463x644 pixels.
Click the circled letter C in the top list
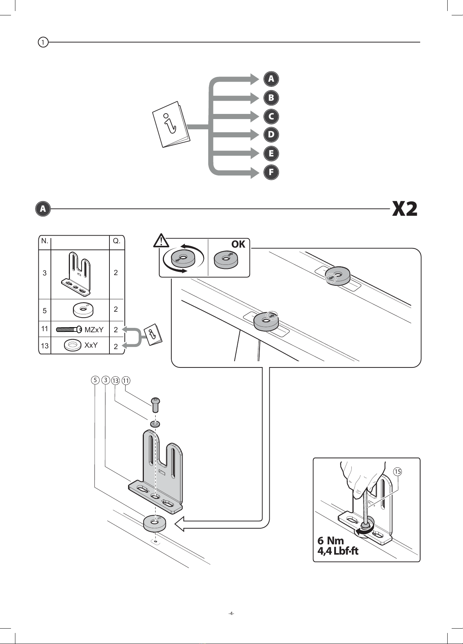click(x=271, y=116)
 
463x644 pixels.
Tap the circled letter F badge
click(x=271, y=172)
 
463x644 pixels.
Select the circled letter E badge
click(x=271, y=153)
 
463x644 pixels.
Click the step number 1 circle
click(x=43, y=42)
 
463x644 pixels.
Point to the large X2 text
click(x=404, y=209)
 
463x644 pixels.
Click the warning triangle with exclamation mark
click(x=161, y=241)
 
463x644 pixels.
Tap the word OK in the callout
click(x=238, y=244)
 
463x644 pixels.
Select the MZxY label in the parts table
click(x=94, y=330)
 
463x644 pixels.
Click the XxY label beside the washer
click(x=91, y=345)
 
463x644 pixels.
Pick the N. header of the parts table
click(x=45, y=241)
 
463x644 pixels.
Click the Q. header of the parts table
click(x=117, y=241)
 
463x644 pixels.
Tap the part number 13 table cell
click(x=45, y=346)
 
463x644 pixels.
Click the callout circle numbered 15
click(x=397, y=471)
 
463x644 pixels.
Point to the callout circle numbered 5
click(x=95, y=380)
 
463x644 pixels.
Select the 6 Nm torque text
click(x=331, y=540)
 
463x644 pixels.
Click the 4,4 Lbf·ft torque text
click(x=338, y=551)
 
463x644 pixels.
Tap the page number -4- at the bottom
click(x=231, y=613)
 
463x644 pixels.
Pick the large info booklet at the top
click(x=171, y=124)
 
